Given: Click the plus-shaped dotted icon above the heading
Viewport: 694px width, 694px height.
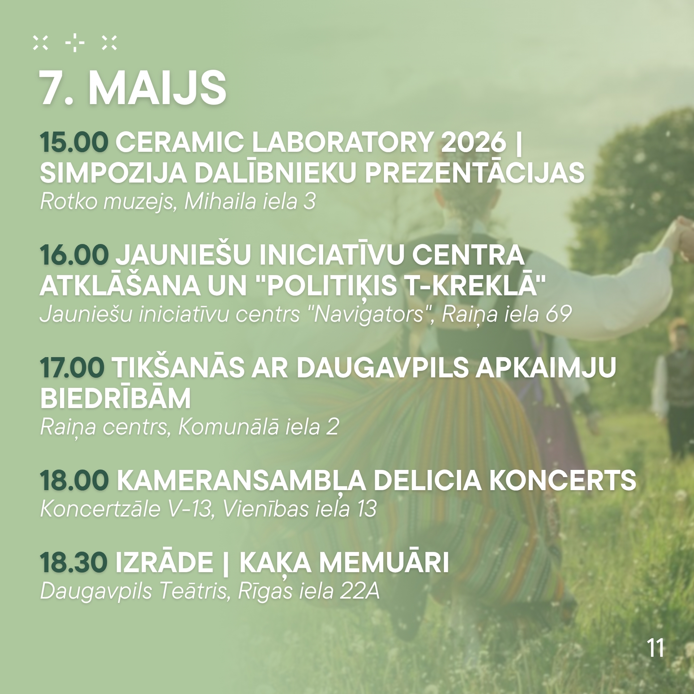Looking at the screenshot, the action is pyautogui.click(x=75, y=43).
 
